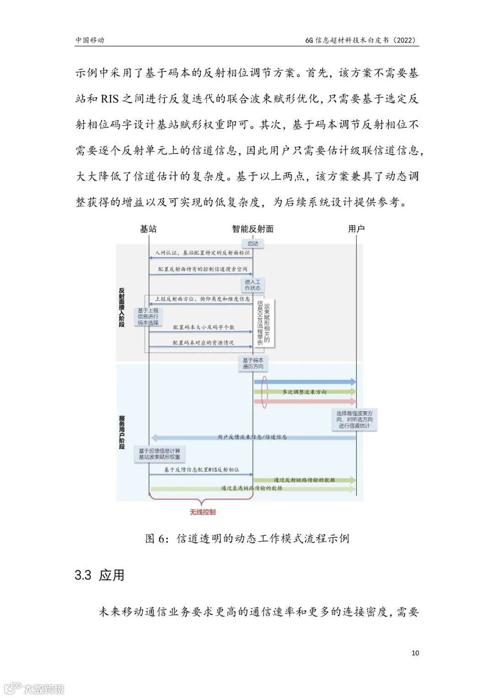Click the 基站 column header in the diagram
(x=148, y=229)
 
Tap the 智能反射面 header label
(x=252, y=229)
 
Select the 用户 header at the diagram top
(x=356, y=229)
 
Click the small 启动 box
(x=252, y=244)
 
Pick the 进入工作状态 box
(x=252, y=285)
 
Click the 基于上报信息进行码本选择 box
(x=148, y=316)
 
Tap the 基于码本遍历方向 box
(x=253, y=363)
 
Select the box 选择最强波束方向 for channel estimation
(x=354, y=419)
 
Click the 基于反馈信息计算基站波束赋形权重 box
(x=159, y=454)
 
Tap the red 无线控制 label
(x=203, y=512)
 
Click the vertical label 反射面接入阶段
(x=122, y=307)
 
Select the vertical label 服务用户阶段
(x=122, y=432)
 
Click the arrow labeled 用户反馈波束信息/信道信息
(x=252, y=437)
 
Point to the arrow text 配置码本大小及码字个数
(x=204, y=328)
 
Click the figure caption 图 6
(x=247, y=538)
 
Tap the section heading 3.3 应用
(x=99, y=575)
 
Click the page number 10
(x=415, y=653)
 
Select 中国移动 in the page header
(x=90, y=40)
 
